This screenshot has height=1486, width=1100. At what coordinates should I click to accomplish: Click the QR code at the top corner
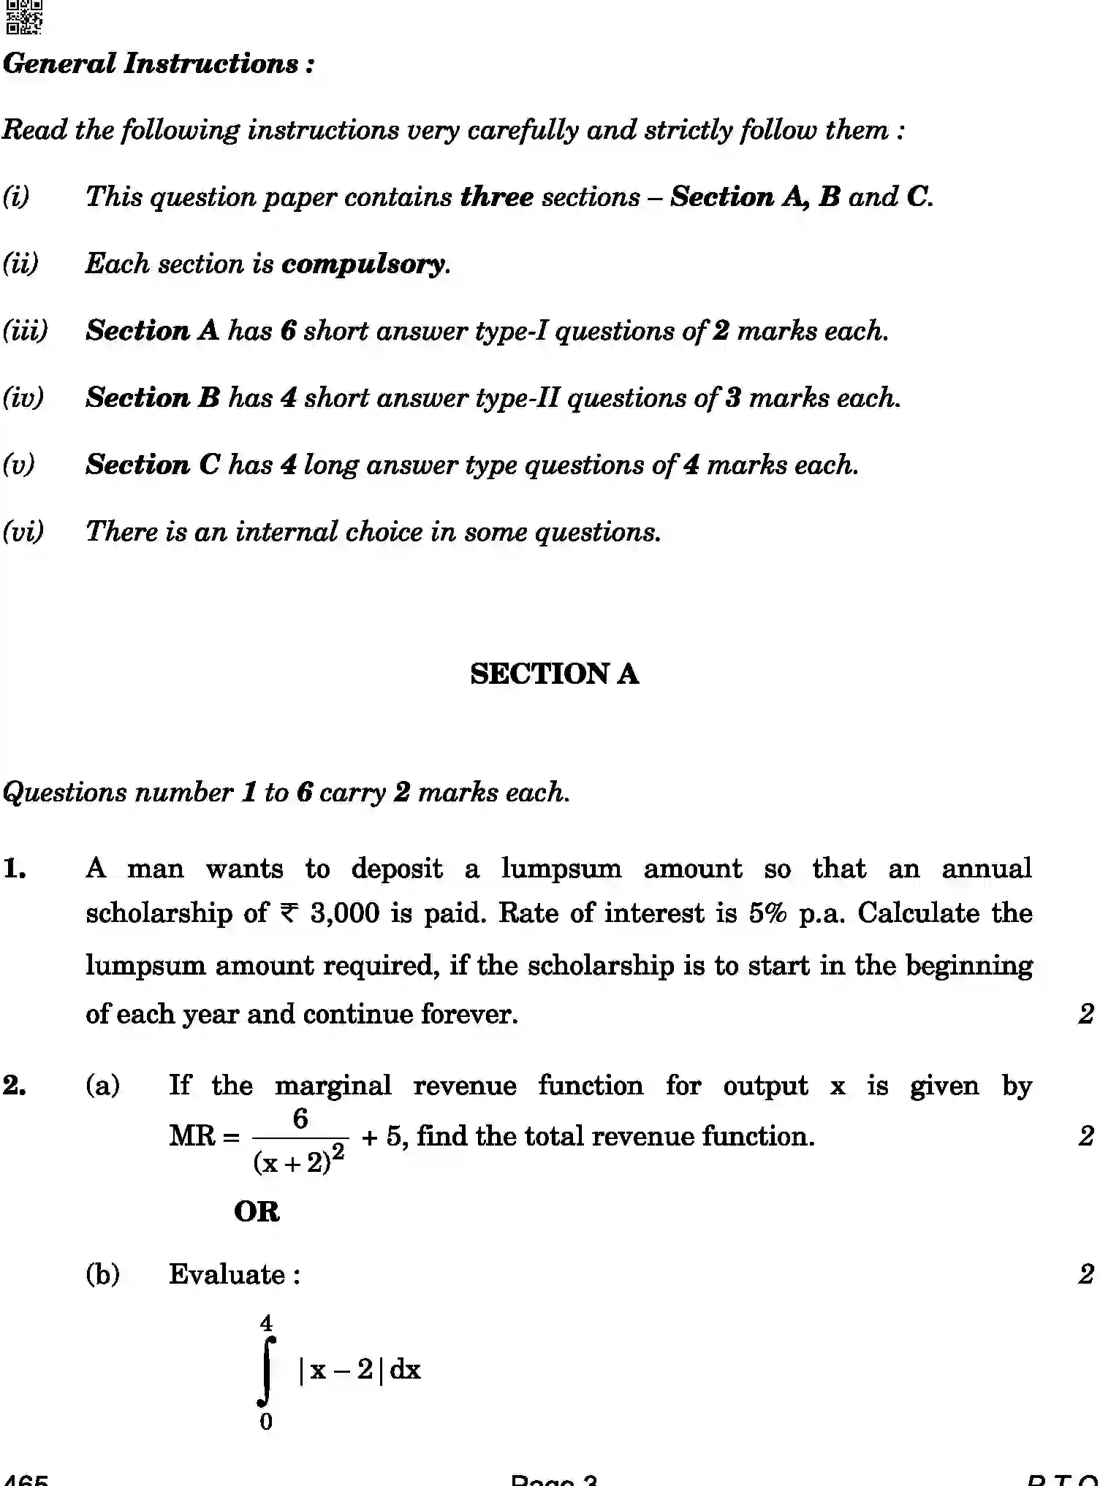click(x=23, y=17)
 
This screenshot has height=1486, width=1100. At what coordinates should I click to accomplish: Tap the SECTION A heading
click(x=554, y=674)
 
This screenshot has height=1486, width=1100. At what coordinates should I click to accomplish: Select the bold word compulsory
click(x=363, y=264)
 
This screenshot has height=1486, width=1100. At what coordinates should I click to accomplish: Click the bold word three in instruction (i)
click(x=496, y=197)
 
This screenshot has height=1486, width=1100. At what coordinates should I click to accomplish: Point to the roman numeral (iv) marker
click(x=23, y=398)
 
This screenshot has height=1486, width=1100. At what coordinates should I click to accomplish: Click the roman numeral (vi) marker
click(x=23, y=532)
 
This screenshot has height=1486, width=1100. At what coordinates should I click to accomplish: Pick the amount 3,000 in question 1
click(x=344, y=913)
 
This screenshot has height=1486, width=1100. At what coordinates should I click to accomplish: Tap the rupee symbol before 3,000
click(x=289, y=913)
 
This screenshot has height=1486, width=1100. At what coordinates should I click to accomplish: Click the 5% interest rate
click(x=767, y=913)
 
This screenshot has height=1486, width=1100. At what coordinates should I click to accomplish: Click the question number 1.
click(x=15, y=869)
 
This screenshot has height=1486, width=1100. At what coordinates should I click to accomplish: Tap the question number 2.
click(x=15, y=1086)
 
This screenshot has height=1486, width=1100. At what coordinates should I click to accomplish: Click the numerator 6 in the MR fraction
click(x=300, y=1119)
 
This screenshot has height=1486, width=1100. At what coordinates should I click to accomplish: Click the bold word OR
click(x=257, y=1211)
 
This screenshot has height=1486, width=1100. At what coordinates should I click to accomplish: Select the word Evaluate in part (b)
click(x=227, y=1275)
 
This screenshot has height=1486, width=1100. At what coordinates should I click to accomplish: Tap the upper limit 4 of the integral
click(x=266, y=1323)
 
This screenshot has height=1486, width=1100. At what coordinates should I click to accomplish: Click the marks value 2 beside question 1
click(x=1086, y=1014)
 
